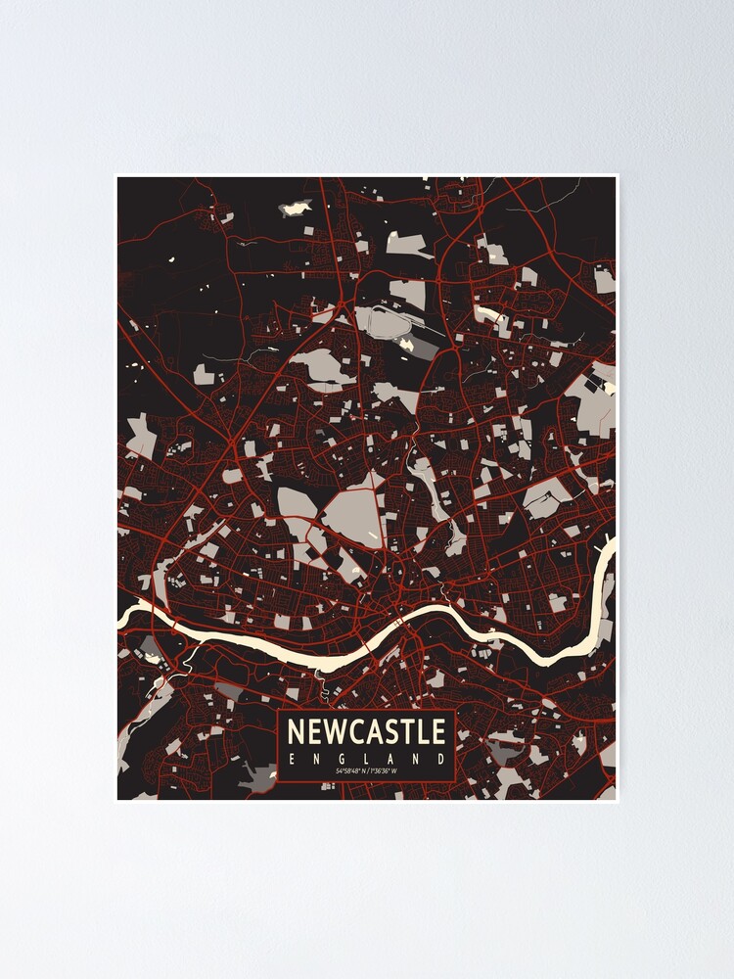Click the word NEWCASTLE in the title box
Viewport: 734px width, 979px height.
click(x=367, y=731)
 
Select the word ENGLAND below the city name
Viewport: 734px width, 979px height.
click(x=367, y=759)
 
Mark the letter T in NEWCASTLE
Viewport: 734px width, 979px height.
click(x=409, y=731)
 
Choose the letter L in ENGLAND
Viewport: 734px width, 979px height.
click(x=367, y=759)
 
